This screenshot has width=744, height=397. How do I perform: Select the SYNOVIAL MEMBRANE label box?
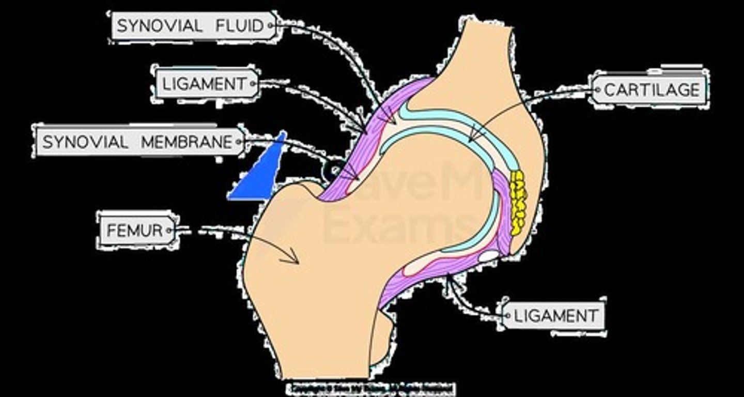point(138,141)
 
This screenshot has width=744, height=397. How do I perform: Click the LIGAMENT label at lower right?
point(553,315)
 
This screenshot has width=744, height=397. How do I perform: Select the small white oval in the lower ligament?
point(488,255)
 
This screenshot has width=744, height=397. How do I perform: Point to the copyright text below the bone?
point(370,388)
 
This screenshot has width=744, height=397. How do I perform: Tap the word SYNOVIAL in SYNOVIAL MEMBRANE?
point(85,142)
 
